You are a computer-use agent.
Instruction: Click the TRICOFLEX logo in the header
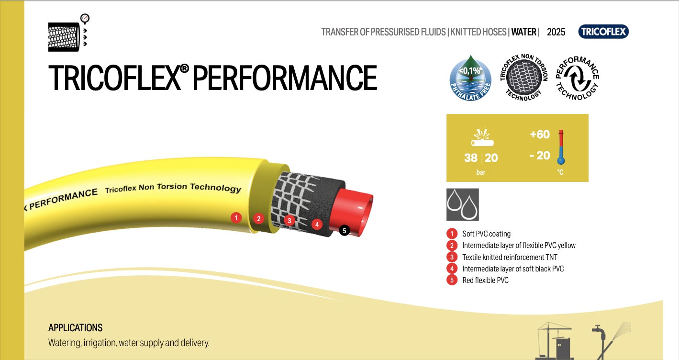coord(603,32)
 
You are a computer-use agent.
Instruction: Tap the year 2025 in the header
coord(556,32)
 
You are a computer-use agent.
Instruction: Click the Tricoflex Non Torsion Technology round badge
coord(523,78)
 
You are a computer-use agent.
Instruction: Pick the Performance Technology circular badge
coord(577,78)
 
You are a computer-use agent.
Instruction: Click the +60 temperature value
coord(540,135)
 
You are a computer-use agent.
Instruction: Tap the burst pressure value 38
coord(470,157)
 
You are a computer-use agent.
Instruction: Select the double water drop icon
coord(462,204)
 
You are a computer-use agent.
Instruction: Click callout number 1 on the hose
coord(235,218)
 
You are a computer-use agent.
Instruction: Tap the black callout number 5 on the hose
coord(344,230)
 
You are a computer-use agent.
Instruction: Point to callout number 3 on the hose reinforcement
coord(289,221)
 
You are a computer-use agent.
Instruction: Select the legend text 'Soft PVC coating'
coord(486,234)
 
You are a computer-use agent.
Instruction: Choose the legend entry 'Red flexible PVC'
coord(485,280)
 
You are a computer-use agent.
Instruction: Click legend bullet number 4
coord(452,269)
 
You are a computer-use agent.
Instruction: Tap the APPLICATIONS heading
coord(76,328)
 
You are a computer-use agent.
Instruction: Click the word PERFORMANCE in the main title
coord(285,78)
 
